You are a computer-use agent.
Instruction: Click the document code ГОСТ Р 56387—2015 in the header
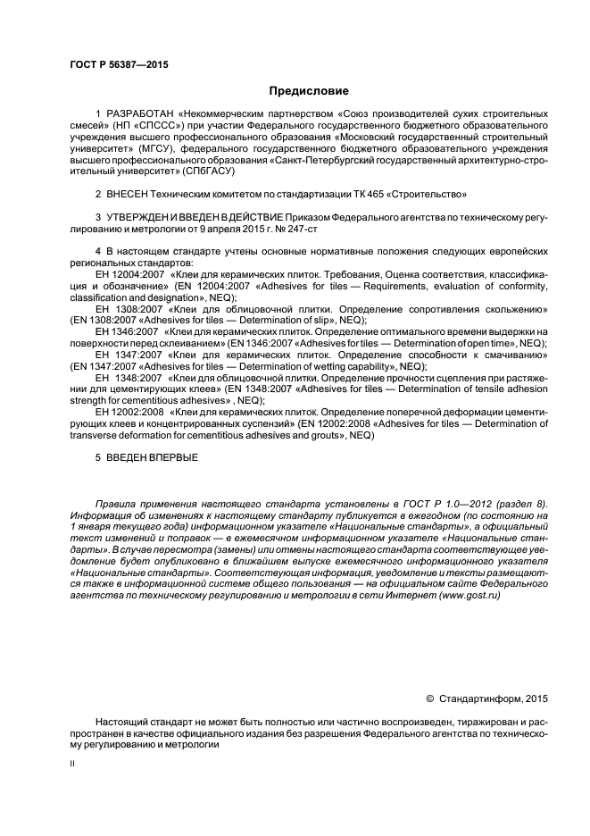coord(118,65)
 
